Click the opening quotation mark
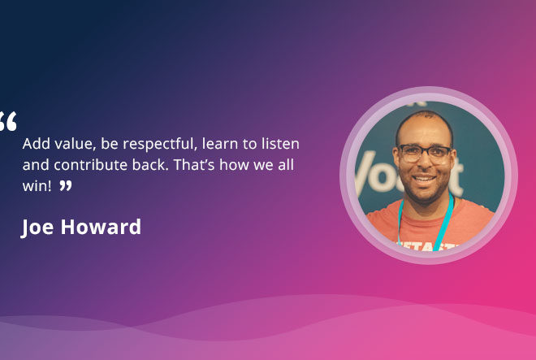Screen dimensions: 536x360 (x=8, y=121)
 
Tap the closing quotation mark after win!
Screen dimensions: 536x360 (x=66, y=186)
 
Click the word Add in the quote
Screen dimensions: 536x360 (x=37, y=143)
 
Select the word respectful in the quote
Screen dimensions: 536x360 (x=160, y=144)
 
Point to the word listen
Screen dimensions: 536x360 (x=280, y=143)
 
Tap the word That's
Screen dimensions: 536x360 (x=194, y=165)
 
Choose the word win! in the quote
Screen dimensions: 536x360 (x=37, y=186)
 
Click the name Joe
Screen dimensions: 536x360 (x=37, y=228)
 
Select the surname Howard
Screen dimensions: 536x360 (x=101, y=227)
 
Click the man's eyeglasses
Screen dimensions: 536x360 (x=425, y=153)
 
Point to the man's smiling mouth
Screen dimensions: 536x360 (x=424, y=179)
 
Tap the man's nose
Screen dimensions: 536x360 (x=424, y=163)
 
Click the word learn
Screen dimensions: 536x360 (x=220, y=143)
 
